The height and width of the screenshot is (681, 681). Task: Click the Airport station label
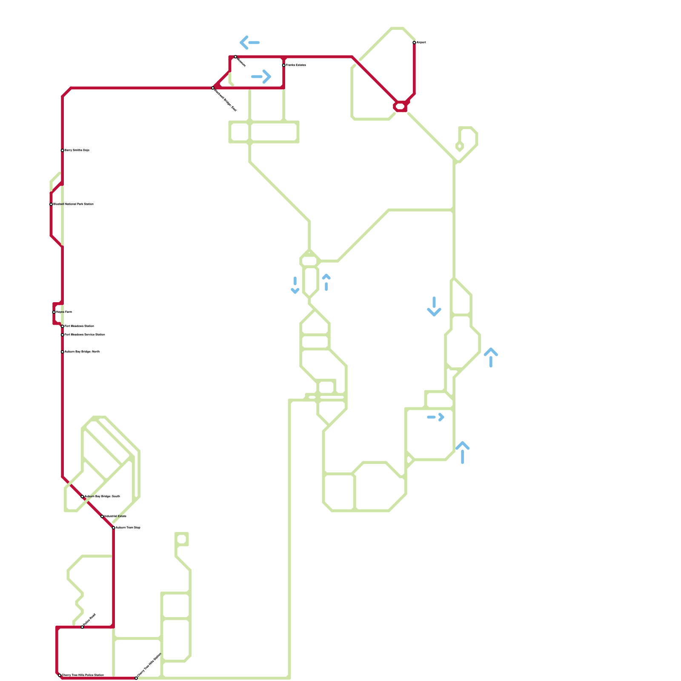[x=421, y=43]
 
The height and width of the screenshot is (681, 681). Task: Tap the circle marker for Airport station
[x=414, y=43]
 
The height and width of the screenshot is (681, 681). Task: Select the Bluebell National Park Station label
[x=73, y=204]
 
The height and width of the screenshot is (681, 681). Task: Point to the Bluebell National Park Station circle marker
[x=51, y=204]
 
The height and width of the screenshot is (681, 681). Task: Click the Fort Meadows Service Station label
[x=85, y=335]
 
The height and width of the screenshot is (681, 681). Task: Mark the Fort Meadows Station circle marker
[x=63, y=326]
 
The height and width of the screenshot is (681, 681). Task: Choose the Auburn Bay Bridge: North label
[x=82, y=352]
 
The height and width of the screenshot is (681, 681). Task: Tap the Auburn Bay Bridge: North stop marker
[x=63, y=352]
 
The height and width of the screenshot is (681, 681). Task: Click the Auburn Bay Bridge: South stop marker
[x=83, y=497]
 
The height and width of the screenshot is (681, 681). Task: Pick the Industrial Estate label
[x=115, y=516]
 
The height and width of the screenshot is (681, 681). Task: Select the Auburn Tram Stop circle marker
[x=114, y=528]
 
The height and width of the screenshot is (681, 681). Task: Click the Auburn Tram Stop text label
[x=128, y=528]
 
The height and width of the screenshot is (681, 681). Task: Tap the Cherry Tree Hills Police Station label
[x=83, y=675]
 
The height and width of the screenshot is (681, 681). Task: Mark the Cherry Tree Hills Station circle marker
[x=136, y=678]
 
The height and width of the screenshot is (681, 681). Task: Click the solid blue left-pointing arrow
[x=249, y=43]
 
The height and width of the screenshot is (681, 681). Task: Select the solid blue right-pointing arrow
[x=261, y=77]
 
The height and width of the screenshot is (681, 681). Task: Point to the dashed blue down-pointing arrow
[x=295, y=285]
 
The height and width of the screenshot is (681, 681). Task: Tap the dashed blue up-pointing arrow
[x=326, y=282]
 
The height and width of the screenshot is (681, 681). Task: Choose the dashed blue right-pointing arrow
[x=436, y=417]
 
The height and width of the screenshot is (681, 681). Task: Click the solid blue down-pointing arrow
[x=434, y=306]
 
